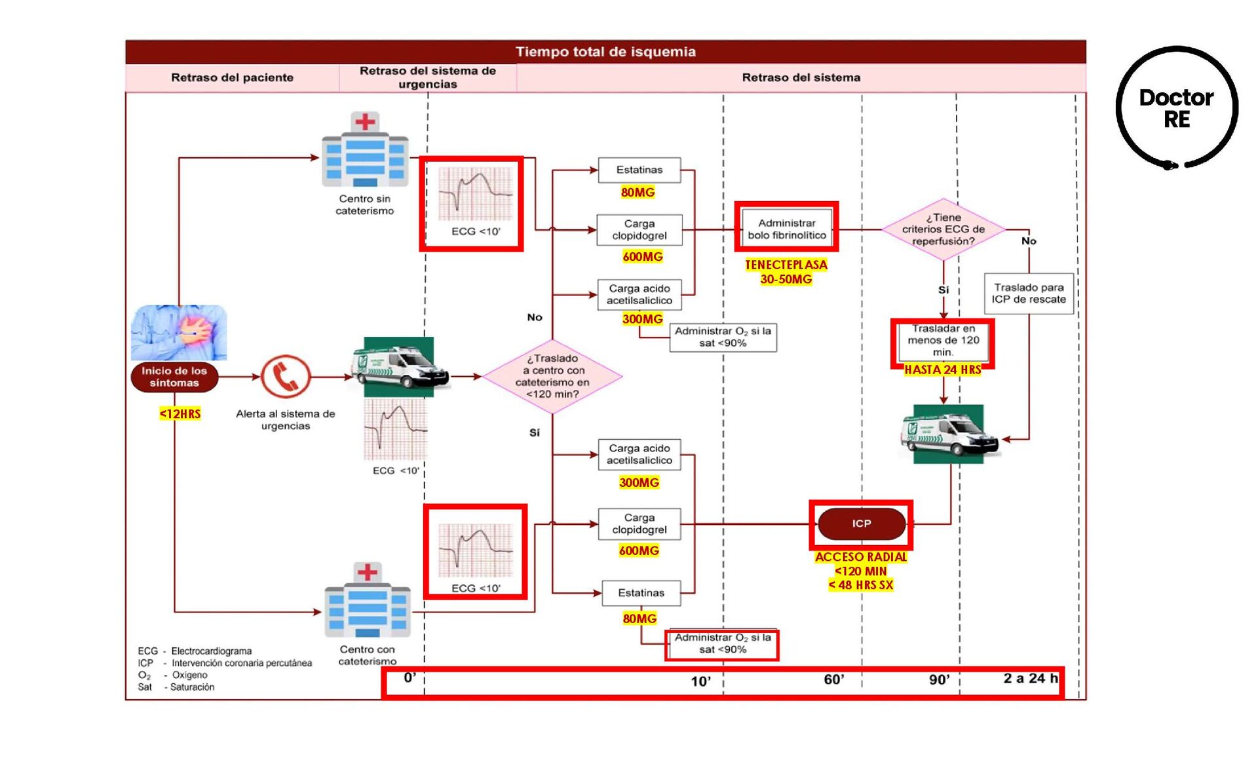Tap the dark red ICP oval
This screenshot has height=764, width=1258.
(x=862, y=524)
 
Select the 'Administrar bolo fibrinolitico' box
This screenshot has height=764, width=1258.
(x=787, y=229)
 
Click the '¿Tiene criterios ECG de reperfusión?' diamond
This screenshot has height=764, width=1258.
(x=943, y=229)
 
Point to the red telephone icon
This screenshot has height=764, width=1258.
(x=286, y=377)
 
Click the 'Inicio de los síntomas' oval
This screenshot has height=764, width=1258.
(x=174, y=377)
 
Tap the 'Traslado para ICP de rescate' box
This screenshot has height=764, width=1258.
(x=1028, y=294)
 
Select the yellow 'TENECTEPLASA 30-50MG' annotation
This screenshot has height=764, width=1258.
(x=786, y=272)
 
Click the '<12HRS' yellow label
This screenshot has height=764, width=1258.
(x=180, y=413)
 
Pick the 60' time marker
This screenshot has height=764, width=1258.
(x=833, y=679)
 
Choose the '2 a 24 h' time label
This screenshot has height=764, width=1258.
(x=1030, y=678)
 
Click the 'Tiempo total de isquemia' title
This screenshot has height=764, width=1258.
(x=605, y=52)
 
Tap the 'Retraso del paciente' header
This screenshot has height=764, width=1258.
(x=232, y=77)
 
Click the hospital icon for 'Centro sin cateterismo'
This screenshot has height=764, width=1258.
(x=365, y=151)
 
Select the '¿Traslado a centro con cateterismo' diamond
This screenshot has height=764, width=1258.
(x=552, y=376)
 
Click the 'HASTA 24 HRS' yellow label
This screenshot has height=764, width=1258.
(x=943, y=370)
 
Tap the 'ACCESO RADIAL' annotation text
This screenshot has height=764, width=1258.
(x=861, y=557)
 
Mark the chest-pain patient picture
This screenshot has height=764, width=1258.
(x=179, y=332)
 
